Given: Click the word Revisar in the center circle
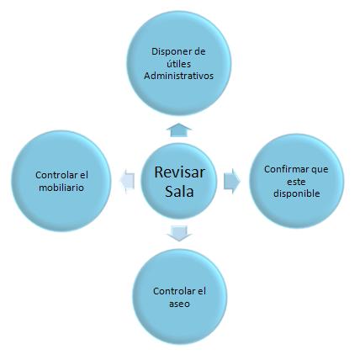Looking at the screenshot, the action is point(180,172).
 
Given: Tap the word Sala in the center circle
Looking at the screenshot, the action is point(179,192).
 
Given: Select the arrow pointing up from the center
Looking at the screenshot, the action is point(179,130).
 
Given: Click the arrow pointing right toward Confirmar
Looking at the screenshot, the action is point(232,181).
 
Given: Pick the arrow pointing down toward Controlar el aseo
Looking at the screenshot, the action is point(179,233).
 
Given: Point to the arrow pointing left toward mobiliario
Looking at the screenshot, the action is point(127,182).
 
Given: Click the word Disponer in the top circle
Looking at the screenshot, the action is point(171,52).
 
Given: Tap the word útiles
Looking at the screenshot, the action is point(179,64).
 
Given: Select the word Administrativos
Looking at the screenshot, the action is point(179,76).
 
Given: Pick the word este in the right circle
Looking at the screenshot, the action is point(296,182).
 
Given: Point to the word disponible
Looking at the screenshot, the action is point(297,193).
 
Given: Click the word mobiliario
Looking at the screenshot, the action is point(61,188).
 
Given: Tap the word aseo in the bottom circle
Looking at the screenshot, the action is point(179,304).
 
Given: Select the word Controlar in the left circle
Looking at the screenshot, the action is point(56,175).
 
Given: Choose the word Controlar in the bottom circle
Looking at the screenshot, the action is point(174,291).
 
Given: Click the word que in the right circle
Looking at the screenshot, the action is point(320,170).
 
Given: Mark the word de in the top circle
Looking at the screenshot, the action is point(199,52).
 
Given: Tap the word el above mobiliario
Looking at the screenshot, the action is point(83,175).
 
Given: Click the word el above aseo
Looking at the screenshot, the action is point(201,291).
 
